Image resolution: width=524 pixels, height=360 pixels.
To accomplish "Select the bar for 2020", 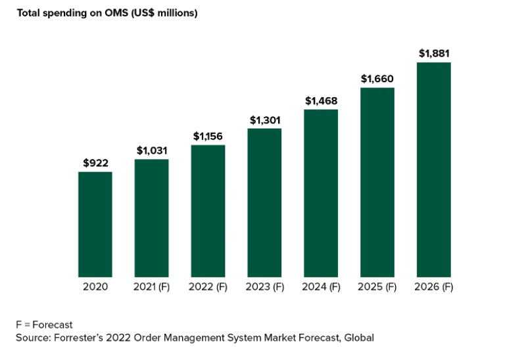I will [95, 224].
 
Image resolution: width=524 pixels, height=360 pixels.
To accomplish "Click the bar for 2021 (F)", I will [151, 218].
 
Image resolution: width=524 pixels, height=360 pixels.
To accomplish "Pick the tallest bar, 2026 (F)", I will [433, 169].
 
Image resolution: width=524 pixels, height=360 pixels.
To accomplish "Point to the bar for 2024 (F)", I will [321, 193].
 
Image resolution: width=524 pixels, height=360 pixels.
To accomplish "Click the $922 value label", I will [95, 163].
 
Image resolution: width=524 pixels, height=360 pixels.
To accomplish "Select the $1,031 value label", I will [151, 150].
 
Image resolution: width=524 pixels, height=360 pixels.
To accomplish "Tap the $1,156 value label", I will [208, 136].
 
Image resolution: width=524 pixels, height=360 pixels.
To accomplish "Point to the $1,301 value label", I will [264, 120].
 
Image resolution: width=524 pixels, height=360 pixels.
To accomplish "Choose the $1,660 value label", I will [377, 79].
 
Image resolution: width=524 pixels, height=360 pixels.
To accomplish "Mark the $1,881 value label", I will [433, 53].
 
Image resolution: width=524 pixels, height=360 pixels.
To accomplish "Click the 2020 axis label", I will [95, 287].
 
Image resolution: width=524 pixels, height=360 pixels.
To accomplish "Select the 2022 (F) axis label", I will [208, 287].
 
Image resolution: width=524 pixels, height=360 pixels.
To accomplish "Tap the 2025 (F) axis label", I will [377, 287].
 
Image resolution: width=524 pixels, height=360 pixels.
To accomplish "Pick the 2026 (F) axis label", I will [433, 287].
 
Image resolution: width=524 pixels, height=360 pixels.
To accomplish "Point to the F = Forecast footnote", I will [44, 325].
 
